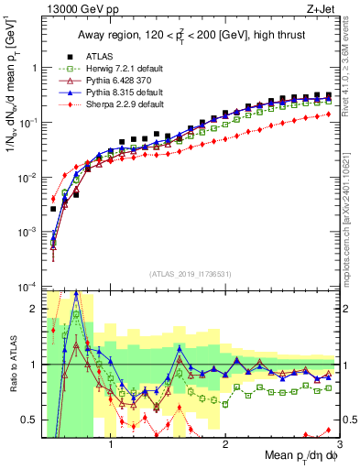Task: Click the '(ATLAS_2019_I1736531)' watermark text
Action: point(191,273)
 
